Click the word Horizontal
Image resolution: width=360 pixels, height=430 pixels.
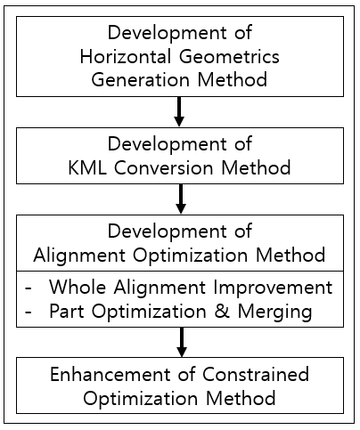126,56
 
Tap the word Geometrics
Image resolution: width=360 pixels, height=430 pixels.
229,56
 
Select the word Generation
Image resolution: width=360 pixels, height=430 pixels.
140,80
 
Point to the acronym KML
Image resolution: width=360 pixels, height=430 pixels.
87,167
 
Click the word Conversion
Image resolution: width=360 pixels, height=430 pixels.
164,167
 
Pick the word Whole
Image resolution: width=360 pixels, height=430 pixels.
78,288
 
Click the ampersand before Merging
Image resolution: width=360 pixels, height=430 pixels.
222,311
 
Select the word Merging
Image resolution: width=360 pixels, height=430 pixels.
274,312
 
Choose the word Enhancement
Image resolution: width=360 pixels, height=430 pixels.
110,374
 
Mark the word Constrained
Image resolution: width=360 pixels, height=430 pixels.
256,374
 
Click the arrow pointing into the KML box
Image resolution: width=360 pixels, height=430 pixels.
179,112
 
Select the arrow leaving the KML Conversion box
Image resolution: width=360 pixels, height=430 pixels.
181,199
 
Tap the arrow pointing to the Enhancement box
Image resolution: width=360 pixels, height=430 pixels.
182,342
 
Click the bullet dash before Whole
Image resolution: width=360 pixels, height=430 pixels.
29,288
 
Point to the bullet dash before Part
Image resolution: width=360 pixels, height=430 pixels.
29,312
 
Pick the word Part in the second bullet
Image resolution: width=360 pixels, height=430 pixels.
67,311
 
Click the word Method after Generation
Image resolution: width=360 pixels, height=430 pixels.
233,80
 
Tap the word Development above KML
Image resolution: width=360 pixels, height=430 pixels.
168,145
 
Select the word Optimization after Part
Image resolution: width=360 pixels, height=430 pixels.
149,312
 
